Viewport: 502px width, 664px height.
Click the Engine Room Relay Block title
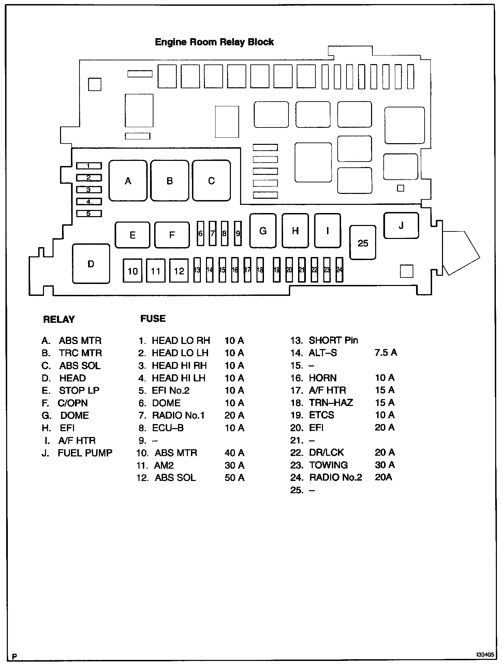pyautogui.click(x=214, y=42)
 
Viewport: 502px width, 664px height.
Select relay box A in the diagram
pyautogui.click(x=128, y=181)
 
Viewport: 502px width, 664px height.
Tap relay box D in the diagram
pyautogui.click(x=91, y=264)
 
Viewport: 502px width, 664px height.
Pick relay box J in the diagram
pyautogui.click(x=401, y=225)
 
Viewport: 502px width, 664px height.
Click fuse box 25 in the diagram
pyautogui.click(x=363, y=243)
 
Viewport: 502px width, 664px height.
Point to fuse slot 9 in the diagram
pyautogui.click(x=238, y=233)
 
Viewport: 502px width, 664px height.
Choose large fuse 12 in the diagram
pyautogui.click(x=179, y=271)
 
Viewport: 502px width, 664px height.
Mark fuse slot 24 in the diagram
pyautogui.click(x=339, y=270)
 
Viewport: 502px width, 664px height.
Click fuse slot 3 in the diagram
pyautogui.click(x=89, y=190)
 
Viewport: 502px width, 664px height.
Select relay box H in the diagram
pyautogui.click(x=295, y=231)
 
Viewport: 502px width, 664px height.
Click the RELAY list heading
pyautogui.click(x=59, y=319)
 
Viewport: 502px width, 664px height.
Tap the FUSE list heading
pyautogui.click(x=153, y=319)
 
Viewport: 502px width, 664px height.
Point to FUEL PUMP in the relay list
pyautogui.click(x=85, y=453)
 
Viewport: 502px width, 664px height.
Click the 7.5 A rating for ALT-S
pyautogui.click(x=386, y=352)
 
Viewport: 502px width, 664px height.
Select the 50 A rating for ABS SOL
pyautogui.click(x=234, y=478)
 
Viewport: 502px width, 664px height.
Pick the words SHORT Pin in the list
pyautogui.click(x=333, y=340)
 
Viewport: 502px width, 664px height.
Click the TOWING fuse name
pyautogui.click(x=328, y=465)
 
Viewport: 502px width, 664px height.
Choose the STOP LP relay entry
pyautogui.click(x=79, y=390)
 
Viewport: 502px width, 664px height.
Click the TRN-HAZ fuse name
pyautogui.click(x=331, y=403)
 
